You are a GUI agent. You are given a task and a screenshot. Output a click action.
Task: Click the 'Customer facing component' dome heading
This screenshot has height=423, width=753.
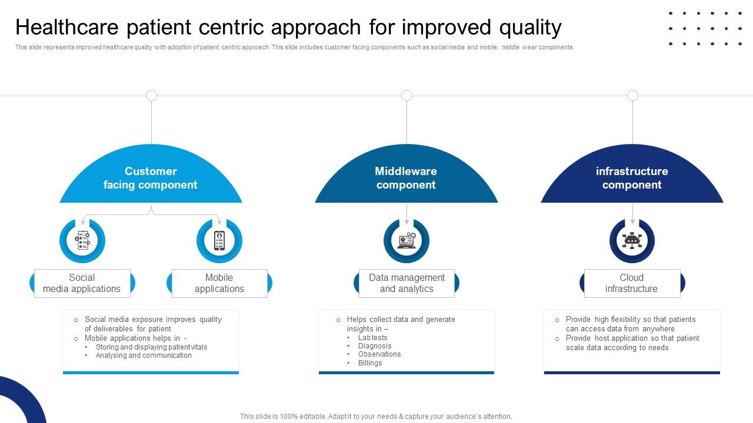(x=151, y=178)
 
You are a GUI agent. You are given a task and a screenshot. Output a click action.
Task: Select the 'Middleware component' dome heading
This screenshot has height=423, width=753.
(x=406, y=178)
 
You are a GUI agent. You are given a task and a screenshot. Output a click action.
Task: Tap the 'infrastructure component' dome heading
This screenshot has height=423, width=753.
(x=632, y=178)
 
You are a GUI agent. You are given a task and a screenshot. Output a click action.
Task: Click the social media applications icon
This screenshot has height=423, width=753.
(x=82, y=241)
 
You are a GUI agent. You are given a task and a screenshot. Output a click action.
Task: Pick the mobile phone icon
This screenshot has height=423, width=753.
(x=219, y=241)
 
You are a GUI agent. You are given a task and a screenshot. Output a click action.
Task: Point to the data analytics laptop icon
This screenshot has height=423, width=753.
(x=407, y=241)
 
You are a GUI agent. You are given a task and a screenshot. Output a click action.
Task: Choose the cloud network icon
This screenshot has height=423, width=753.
(x=632, y=241)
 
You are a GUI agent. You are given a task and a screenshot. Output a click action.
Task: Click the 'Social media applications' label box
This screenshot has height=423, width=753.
(x=82, y=283)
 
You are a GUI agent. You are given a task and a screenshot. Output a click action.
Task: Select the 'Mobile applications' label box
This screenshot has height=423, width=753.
(x=219, y=283)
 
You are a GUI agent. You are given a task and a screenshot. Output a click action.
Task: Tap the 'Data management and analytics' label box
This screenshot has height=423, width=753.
(x=407, y=283)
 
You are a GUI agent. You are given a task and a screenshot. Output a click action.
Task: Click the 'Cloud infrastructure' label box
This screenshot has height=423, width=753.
(x=632, y=283)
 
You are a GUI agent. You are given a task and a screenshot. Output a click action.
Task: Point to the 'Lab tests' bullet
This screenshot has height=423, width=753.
(x=372, y=338)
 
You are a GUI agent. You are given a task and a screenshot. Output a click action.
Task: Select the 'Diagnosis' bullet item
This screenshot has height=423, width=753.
(x=374, y=346)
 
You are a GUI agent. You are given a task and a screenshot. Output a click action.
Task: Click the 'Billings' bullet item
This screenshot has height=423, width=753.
(x=370, y=363)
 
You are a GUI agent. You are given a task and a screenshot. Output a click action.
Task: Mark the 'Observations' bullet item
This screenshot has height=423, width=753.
(x=379, y=354)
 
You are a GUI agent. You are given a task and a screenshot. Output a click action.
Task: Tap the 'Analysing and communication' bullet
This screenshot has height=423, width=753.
(x=144, y=355)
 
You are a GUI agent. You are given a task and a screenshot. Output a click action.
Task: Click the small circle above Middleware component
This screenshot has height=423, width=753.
(x=407, y=95)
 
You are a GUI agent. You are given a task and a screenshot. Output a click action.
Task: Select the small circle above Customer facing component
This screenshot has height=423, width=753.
(x=151, y=95)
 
